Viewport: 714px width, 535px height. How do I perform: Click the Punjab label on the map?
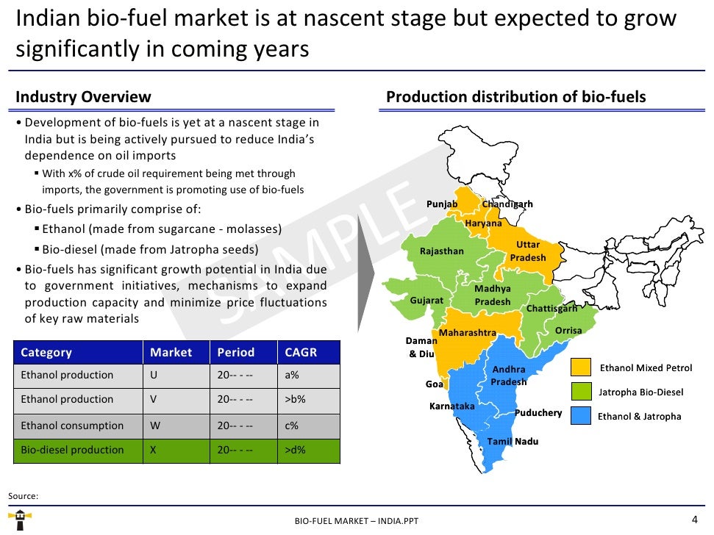tap(442, 204)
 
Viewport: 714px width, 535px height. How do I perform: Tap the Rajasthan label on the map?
tap(441, 251)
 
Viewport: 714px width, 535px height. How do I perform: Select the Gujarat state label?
tap(426, 301)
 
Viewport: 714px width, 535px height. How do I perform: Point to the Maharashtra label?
tap(468, 333)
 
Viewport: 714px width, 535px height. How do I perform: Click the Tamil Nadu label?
tap(513, 441)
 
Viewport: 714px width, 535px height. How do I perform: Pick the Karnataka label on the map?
tap(451, 406)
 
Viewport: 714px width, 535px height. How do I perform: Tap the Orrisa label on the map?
tap(568, 331)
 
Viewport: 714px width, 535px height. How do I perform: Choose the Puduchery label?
tap(538, 413)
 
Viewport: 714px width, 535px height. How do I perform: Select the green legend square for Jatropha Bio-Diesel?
tap(581, 392)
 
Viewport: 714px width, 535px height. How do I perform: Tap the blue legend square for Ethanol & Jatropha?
tap(581, 416)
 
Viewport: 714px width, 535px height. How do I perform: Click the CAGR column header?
tap(301, 352)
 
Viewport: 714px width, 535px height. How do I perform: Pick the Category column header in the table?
tap(46, 352)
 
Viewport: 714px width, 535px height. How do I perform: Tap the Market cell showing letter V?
tap(154, 400)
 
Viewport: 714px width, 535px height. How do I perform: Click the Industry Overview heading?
tap(83, 97)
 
